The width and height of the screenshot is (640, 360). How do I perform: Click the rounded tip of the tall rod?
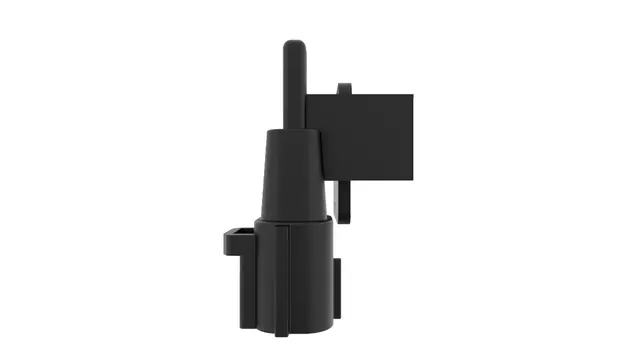point(294,46)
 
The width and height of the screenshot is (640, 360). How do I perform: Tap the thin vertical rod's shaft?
point(294,90)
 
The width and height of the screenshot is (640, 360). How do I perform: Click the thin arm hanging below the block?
point(345,200)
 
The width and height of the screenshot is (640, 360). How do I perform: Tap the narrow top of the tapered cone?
point(291,133)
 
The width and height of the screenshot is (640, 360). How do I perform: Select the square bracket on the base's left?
point(237,240)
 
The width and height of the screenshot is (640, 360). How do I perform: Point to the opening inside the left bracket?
point(239,236)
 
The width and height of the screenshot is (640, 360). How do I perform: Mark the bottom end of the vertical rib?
point(285,330)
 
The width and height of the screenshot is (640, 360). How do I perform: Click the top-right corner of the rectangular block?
point(412,96)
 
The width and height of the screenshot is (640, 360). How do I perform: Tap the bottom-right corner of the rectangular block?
point(412,180)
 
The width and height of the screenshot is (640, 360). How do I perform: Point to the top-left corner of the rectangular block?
point(307,96)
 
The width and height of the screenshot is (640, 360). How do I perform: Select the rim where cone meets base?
point(292,220)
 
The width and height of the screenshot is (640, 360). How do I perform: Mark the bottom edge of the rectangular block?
point(370,180)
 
